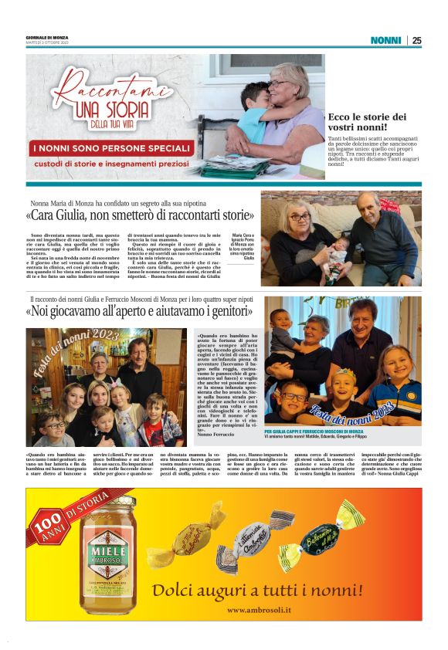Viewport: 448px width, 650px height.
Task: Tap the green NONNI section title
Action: (385, 40)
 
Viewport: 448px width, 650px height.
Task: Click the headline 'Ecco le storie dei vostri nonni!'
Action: (367, 121)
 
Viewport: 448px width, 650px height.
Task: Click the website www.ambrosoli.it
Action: (260, 610)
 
